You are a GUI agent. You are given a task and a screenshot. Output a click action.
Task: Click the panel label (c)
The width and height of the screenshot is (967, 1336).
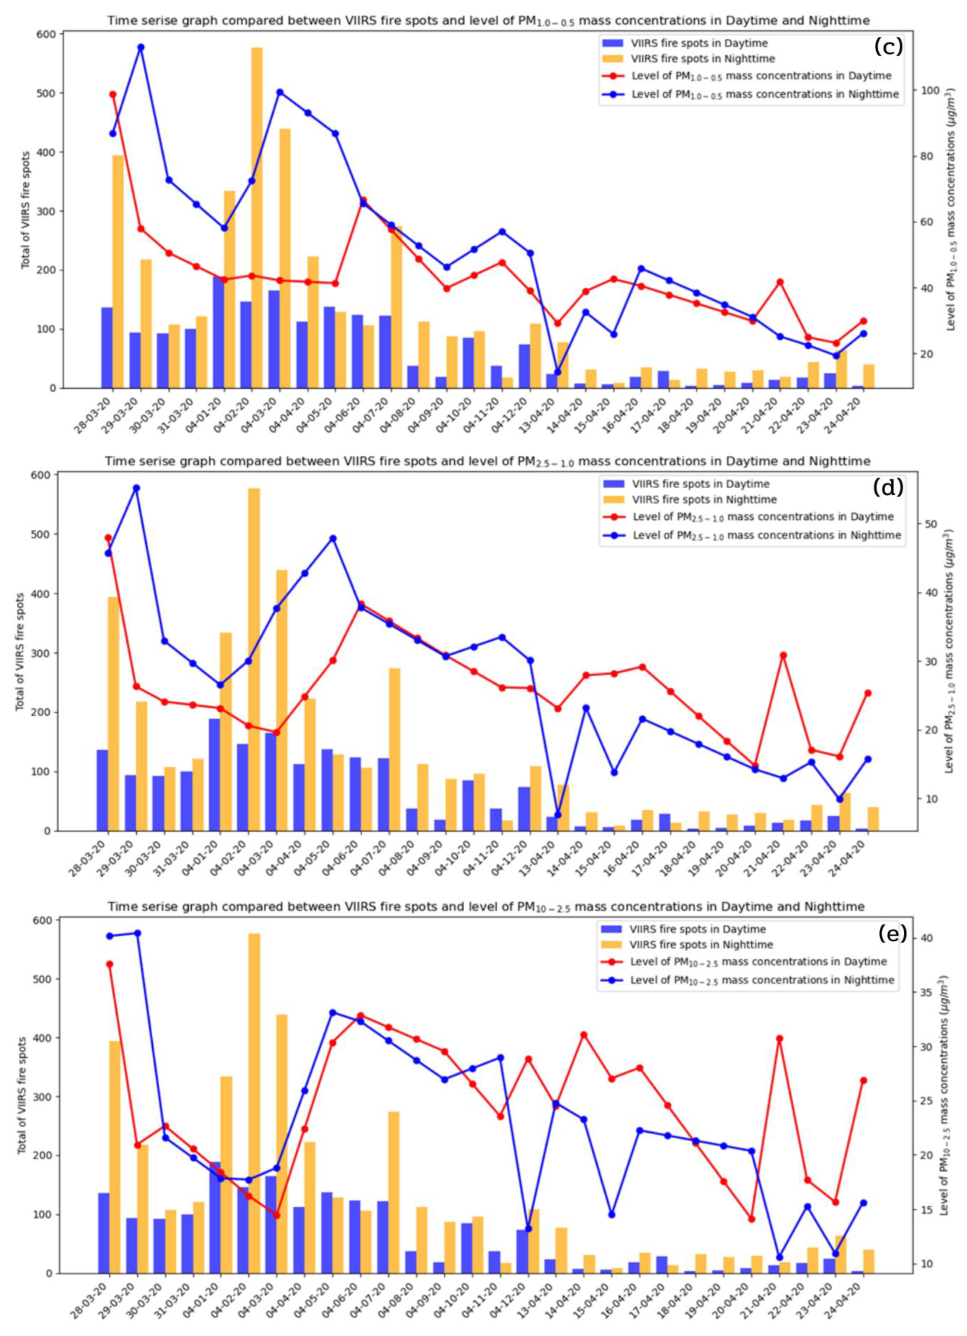coord(888,46)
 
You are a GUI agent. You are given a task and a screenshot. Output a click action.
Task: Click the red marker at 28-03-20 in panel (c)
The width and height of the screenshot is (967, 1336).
coord(113,94)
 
